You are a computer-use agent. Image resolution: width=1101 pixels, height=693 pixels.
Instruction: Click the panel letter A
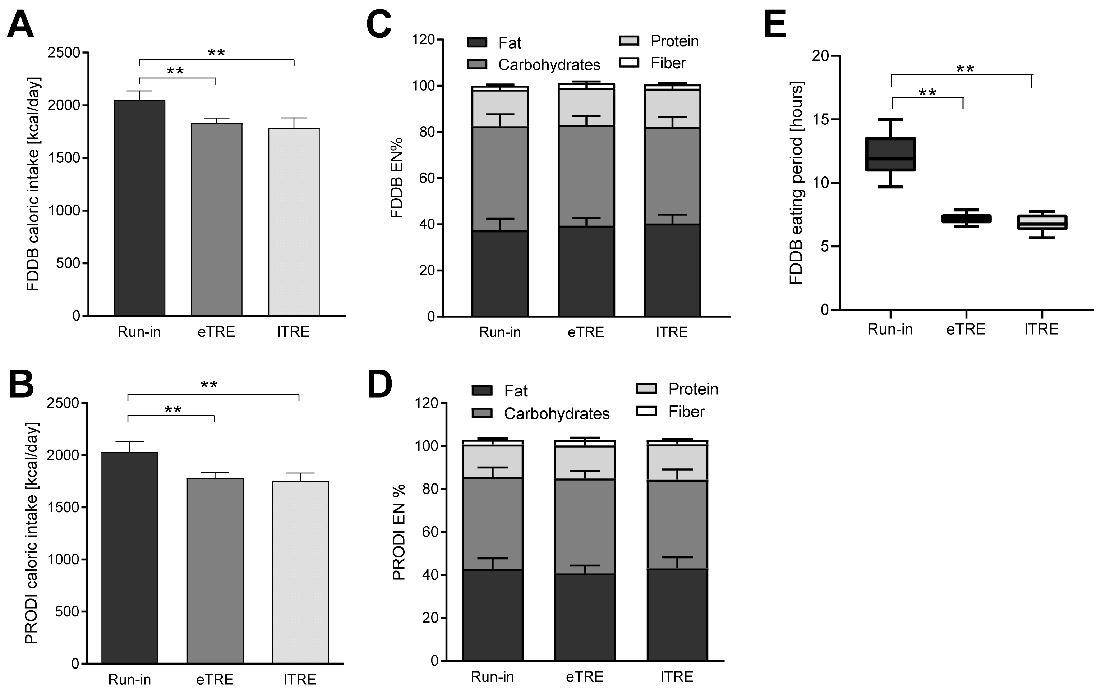(20, 25)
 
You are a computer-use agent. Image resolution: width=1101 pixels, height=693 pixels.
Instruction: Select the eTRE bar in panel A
(216, 220)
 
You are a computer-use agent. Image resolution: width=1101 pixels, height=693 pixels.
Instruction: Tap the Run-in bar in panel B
(129, 558)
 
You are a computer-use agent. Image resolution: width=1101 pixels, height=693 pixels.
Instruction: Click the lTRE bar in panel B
(300, 572)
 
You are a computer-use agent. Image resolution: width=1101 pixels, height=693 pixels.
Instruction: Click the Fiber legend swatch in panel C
(629, 63)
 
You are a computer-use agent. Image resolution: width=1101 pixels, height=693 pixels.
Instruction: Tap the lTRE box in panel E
(1042, 222)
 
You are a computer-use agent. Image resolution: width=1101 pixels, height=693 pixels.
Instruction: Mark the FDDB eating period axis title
(796, 183)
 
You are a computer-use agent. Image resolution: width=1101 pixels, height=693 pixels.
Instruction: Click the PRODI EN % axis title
(399, 532)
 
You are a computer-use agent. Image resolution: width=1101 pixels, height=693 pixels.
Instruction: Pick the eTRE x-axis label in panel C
(586, 332)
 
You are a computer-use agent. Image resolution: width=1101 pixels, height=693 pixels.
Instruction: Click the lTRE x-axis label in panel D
(677, 676)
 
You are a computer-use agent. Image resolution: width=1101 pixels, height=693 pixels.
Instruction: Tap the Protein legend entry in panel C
(674, 41)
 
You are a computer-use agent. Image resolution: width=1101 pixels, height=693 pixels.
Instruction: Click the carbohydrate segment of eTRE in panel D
(585, 526)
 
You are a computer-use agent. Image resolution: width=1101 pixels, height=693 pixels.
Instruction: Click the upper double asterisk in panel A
(216, 52)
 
